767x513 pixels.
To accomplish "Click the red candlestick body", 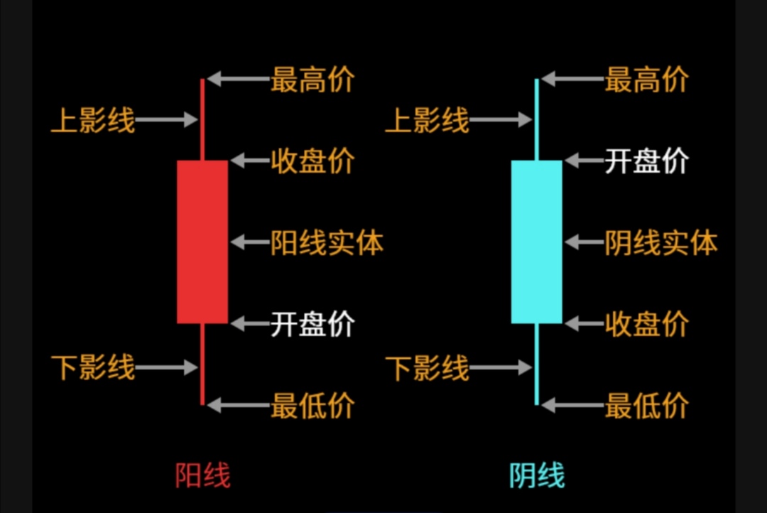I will pos(202,242).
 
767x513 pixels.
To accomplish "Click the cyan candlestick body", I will pos(536,242).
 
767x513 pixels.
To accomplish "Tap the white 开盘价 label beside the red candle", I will pos(312,325).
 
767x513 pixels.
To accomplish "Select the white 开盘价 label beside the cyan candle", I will pos(646,162).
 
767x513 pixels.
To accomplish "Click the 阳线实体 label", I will pos(327,244).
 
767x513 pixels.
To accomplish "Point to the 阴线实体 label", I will pos(660,244).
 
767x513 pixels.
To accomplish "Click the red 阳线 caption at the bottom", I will pos(203,475).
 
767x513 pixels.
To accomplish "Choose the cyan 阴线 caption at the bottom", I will pos(537,475).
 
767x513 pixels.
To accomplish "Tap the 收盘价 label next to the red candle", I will pos(312,162).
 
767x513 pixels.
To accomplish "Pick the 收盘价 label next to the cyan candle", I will pos(646,325).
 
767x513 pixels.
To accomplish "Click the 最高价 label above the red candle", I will pos(312,80).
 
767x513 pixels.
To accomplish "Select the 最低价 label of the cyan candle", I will pos(646,406).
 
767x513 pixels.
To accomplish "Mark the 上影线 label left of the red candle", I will pos(93,121).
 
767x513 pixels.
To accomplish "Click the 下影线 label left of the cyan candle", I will pos(428,369).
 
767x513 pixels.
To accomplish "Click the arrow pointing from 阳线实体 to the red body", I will pos(249,242).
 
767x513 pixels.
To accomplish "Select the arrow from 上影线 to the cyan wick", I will pos(501,121).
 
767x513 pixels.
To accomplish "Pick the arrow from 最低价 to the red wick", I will pos(238,406).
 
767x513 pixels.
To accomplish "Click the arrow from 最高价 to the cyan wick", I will pos(572,80).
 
